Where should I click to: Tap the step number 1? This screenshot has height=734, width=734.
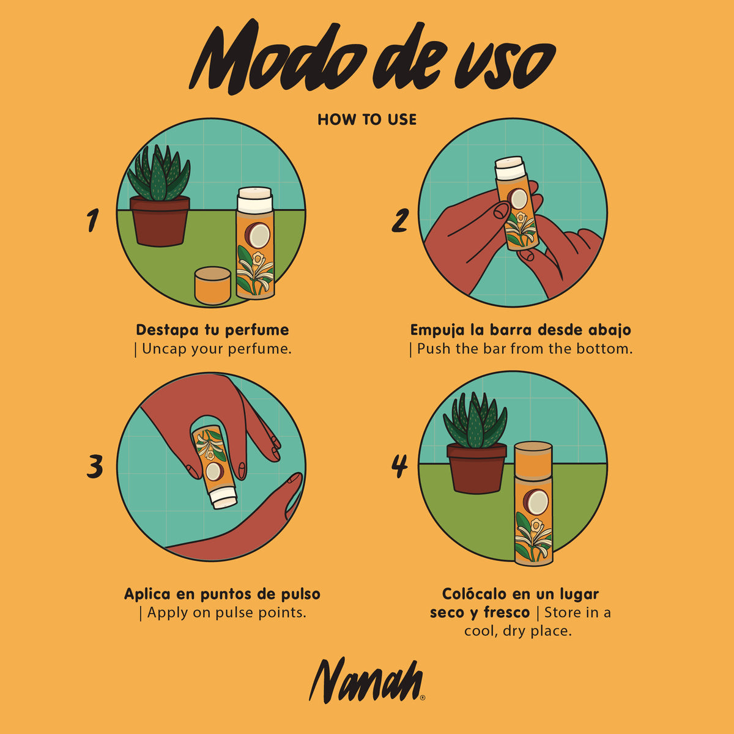point(92,220)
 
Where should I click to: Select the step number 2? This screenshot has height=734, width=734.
point(400,221)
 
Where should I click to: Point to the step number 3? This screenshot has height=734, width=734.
point(94,467)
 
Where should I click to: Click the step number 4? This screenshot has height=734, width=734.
point(399,466)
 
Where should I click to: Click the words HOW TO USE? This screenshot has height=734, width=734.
point(367,120)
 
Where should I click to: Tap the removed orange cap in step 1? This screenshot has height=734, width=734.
point(212,286)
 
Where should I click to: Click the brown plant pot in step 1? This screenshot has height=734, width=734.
point(160,221)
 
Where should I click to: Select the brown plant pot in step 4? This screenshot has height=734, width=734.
point(476,468)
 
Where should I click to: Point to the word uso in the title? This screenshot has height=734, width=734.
point(505,65)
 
